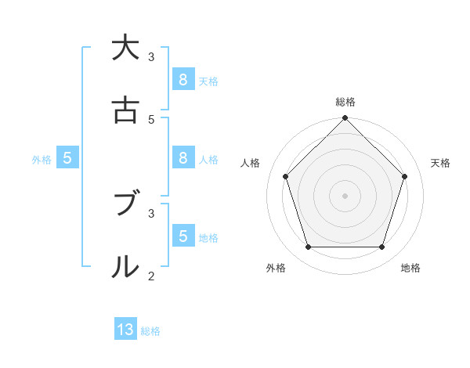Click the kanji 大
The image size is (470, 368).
(125, 48)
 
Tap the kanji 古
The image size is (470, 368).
(125, 110)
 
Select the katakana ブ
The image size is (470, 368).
(125, 204)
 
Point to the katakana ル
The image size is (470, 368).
(125, 267)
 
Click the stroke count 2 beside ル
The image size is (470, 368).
(151, 276)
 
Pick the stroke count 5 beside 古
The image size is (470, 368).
(151, 119)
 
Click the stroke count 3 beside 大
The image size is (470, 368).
(151, 56)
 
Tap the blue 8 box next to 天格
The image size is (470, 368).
(183, 79)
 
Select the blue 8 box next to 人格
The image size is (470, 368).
(183, 157)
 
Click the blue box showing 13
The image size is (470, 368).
(125, 330)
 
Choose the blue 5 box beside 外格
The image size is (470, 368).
(67, 158)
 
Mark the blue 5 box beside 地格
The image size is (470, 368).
(183, 236)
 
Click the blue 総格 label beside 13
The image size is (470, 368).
(150, 331)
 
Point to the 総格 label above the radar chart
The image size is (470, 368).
(345, 102)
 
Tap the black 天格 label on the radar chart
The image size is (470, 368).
(440, 163)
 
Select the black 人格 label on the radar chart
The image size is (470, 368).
(250, 163)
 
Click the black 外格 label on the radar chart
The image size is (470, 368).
(276, 268)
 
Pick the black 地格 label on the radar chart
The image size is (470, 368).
(410, 268)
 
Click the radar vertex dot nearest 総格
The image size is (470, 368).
(345, 119)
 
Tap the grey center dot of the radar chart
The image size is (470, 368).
(345, 195)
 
